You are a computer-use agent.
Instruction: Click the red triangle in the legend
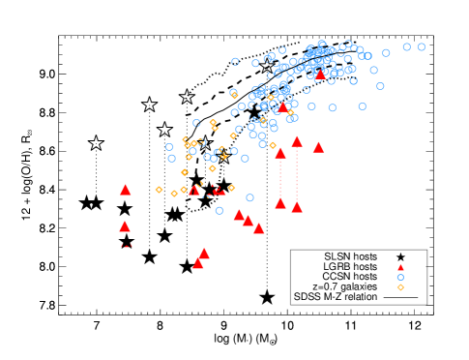(400, 268)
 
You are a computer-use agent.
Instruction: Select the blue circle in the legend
(400, 278)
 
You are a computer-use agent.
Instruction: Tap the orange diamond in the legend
(400, 287)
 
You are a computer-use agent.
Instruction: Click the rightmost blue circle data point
(421, 46)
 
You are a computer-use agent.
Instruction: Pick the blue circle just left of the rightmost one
(406, 46)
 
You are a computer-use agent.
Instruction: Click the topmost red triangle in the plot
(320, 75)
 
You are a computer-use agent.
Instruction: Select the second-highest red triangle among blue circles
(282, 108)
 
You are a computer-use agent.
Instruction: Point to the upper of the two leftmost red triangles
(126, 190)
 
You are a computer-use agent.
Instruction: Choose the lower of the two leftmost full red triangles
(125, 226)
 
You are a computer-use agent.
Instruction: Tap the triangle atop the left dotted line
(280, 153)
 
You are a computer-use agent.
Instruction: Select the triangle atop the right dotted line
(297, 141)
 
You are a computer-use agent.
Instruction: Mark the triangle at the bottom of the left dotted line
(280, 203)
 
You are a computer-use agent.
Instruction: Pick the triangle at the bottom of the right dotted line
(297, 207)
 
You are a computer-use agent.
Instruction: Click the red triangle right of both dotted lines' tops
(318, 147)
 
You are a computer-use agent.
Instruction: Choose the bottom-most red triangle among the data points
(197, 263)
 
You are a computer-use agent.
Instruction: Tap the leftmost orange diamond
(159, 190)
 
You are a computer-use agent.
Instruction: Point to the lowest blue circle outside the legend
(220, 211)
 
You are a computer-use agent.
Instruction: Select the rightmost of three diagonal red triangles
(258, 228)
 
